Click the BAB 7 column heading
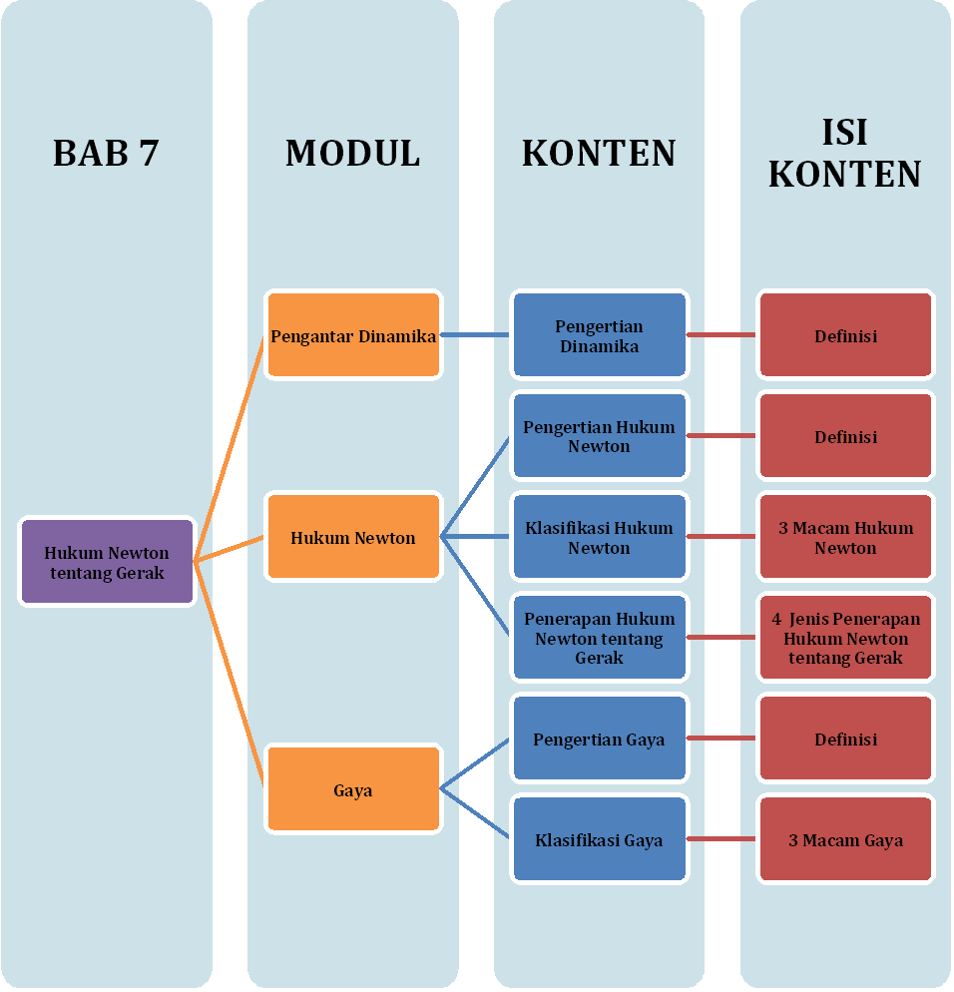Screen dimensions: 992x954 point(106,153)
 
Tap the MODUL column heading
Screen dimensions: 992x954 point(352,153)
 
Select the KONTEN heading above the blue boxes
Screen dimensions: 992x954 point(599,153)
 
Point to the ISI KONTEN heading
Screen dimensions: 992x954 point(844,153)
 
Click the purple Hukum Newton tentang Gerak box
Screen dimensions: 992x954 point(107,562)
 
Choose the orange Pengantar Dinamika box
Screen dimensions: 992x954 point(353,335)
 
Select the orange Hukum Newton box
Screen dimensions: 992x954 point(353,537)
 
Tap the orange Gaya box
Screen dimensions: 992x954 point(353,789)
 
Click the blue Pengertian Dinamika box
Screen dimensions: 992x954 point(599,335)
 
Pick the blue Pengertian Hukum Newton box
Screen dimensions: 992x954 point(599,436)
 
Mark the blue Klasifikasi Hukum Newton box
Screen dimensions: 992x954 point(599,537)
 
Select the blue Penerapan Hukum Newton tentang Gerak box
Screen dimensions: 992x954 point(599,638)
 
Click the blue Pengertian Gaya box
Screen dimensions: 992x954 point(599,739)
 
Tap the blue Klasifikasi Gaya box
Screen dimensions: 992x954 point(599,839)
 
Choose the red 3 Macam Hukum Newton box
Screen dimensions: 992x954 point(845,537)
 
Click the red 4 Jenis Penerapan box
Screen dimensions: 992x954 point(845,638)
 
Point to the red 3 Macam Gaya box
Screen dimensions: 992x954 point(845,839)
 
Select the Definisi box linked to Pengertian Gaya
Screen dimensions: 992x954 point(845,739)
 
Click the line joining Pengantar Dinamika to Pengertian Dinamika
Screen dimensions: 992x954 point(476,335)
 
